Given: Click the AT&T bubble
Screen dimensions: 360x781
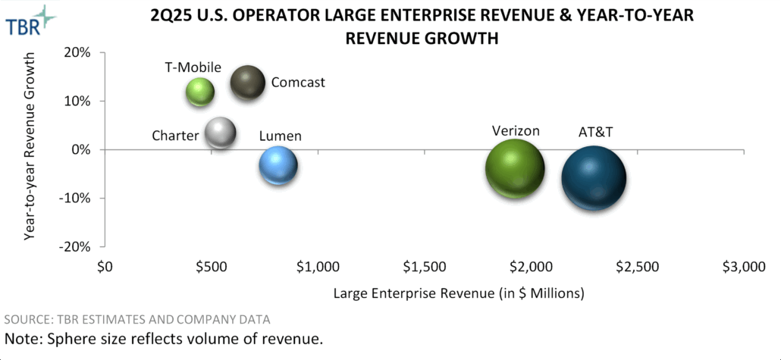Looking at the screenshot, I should click(594, 177).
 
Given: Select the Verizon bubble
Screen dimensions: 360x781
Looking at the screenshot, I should click(515, 169).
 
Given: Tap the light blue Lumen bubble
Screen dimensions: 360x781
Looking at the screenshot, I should click(278, 165).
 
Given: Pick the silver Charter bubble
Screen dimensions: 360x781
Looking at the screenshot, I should click(221, 133).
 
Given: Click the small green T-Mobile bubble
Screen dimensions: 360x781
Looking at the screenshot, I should click(200, 92).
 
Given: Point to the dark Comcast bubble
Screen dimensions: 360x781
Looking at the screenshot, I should click(247, 83).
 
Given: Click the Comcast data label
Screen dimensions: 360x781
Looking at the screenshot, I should click(298, 82).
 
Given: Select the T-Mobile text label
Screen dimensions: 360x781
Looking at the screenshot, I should click(193, 66).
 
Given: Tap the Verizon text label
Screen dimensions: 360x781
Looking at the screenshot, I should click(515, 130).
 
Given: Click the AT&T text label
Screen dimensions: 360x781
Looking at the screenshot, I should click(595, 132).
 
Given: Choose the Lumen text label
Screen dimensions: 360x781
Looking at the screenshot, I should click(280, 136).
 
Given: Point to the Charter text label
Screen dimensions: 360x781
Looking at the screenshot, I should click(175, 136).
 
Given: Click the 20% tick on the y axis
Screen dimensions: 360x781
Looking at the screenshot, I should click(78, 52).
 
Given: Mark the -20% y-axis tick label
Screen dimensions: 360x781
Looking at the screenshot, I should click(75, 247).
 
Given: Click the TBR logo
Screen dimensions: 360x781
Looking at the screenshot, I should click(30, 20).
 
